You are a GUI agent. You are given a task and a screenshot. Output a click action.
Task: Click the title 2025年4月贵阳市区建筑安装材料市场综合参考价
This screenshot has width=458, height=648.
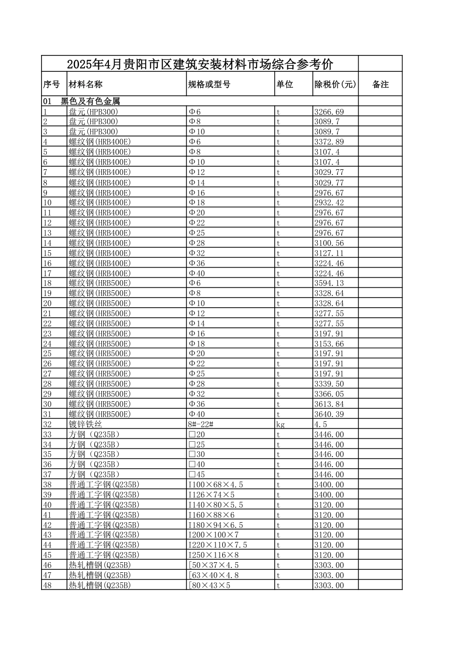[200, 64]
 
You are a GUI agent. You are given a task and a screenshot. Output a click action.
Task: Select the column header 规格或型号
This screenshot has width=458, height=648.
[209, 84]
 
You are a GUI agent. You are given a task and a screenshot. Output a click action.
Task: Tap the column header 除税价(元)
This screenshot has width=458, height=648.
[335, 84]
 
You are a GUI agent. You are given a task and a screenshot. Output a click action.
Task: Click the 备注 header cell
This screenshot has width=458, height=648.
[380, 84]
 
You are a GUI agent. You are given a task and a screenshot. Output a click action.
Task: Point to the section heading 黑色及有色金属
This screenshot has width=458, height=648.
[90, 101]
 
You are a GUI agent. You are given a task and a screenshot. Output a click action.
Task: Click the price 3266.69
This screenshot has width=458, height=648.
[329, 112]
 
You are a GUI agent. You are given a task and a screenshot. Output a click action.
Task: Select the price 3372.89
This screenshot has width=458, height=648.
[329, 142]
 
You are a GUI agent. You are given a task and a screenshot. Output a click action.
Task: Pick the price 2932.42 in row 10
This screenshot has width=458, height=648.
[329, 202]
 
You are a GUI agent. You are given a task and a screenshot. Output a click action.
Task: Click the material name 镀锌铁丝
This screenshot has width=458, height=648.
[85, 424]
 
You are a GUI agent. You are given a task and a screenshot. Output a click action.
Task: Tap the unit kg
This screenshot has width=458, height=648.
[280, 424]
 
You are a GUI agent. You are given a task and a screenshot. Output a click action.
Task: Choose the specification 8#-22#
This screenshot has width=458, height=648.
[201, 424]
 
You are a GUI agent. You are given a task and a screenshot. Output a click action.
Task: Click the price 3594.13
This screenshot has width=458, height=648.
[329, 283]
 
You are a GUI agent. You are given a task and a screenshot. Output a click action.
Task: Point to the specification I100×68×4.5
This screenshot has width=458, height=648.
[216, 485]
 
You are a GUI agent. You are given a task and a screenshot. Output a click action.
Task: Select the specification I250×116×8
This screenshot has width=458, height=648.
[213, 555]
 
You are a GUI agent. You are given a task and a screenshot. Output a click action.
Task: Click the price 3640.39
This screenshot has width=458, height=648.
[329, 414]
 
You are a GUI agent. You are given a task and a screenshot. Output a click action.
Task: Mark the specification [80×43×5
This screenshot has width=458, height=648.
[209, 585]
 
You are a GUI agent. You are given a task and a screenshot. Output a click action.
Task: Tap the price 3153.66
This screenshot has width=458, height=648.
[329, 344]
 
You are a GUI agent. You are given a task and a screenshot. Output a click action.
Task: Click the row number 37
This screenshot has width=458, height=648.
[47, 474]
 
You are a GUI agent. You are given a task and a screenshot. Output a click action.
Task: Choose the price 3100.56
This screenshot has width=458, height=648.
[329, 243]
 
